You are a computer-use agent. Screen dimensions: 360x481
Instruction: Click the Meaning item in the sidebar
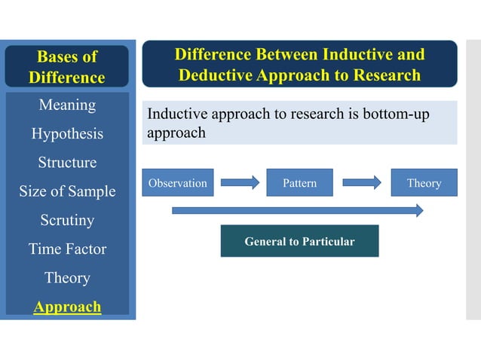[x=67, y=105]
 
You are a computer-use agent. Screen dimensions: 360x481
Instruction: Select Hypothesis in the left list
[x=67, y=134]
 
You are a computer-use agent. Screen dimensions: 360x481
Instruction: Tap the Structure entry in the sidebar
[x=67, y=163]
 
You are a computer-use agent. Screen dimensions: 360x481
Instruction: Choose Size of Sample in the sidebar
[x=67, y=191]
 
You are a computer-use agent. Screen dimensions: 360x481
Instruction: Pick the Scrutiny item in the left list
[x=67, y=221]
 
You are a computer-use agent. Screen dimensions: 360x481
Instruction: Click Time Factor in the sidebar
[x=67, y=249]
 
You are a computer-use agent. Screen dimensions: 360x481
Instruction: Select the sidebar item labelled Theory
[x=67, y=278]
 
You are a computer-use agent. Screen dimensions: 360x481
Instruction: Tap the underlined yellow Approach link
[x=67, y=307]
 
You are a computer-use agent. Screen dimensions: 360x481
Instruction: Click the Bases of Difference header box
[x=67, y=66]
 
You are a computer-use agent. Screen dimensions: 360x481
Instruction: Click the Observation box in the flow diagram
[x=177, y=183]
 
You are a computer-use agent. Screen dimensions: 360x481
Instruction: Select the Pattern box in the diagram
[x=299, y=183]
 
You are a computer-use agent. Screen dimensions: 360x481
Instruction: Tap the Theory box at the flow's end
[x=424, y=183]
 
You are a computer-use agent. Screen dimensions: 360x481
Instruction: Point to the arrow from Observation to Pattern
[x=239, y=182]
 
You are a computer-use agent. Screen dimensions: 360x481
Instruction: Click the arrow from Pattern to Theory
[x=362, y=182]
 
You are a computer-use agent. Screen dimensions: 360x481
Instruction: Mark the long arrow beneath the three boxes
[x=297, y=210]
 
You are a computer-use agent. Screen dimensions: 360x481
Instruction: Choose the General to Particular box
[x=299, y=242]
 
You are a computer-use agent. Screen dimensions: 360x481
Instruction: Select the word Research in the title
[x=381, y=75]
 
